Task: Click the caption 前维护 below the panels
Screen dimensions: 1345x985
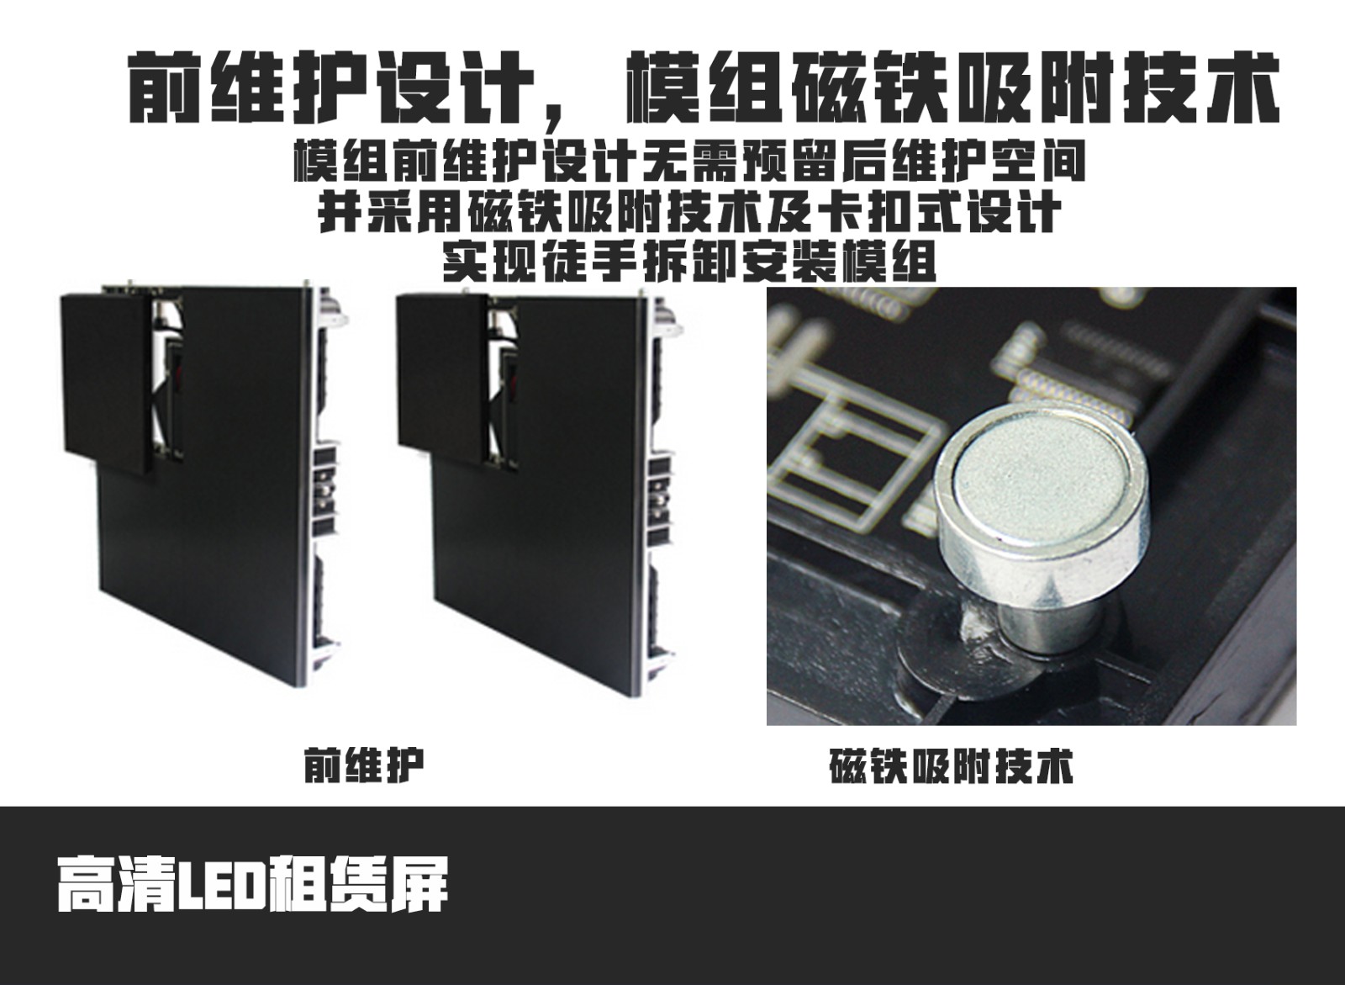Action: click(364, 765)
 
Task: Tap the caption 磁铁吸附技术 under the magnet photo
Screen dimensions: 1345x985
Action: click(951, 765)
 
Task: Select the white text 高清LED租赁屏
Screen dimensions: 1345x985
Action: click(253, 885)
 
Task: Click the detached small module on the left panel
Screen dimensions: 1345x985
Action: click(106, 379)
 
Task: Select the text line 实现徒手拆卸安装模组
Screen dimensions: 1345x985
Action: click(689, 262)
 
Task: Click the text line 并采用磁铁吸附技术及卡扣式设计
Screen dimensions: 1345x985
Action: click(689, 211)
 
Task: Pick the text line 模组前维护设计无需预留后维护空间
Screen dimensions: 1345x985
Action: click(689, 161)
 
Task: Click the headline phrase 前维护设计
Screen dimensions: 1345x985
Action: click(331, 88)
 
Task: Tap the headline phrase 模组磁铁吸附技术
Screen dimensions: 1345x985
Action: click(952, 88)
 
